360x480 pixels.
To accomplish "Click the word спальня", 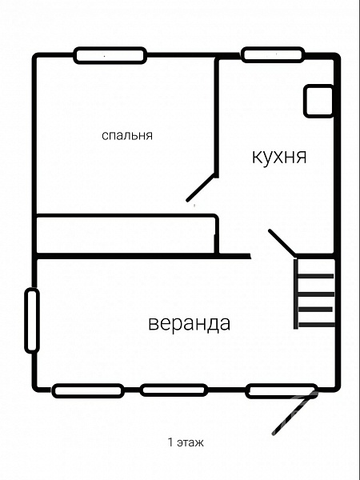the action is pos(127,136).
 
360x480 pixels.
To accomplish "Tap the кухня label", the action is pos(279,157).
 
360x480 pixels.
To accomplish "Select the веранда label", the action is pos(189,323).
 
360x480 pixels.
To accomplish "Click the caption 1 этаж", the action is pos(186,442).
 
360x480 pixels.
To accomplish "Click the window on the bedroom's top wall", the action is pos(110,55).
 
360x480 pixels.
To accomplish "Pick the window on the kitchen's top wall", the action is pos(273,54).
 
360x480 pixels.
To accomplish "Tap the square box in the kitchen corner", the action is pos(318,101).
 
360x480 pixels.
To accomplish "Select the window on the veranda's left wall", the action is pos(32,320).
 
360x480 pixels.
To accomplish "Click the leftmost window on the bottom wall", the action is pos(88,390).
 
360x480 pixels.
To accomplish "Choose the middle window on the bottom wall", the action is pos(174,390).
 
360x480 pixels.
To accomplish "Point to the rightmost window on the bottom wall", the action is pos(282,391).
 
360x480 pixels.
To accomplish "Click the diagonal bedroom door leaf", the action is pos(201,187).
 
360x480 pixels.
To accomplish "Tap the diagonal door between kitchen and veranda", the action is pos(282,242).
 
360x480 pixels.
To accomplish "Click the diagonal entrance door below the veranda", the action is pos(294,412).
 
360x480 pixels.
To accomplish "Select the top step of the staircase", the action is pos(316,276).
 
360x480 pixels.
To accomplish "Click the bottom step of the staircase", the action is pos(317,325).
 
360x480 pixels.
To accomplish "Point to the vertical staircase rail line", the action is pos(296,294).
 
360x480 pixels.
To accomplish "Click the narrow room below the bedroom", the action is pos(126,235).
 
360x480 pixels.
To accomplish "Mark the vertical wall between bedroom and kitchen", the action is pos(217,118).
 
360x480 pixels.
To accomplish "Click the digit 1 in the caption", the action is pos(170,442).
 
